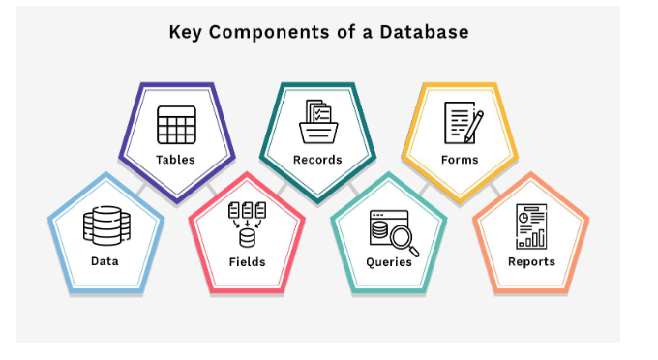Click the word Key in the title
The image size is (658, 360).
click(x=187, y=32)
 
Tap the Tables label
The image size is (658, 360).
click(x=175, y=160)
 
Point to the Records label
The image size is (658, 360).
click(x=317, y=160)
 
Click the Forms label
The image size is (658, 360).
click(x=460, y=160)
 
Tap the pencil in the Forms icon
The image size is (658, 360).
click(x=473, y=124)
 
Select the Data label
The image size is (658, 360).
click(x=105, y=261)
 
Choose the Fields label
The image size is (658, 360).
click(x=247, y=261)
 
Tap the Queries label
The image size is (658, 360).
click(x=389, y=261)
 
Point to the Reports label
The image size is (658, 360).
click(x=531, y=261)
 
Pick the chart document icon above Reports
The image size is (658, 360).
click(x=530, y=225)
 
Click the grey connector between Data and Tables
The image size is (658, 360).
click(x=141, y=189)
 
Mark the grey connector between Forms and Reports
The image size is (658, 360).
click(x=494, y=188)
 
